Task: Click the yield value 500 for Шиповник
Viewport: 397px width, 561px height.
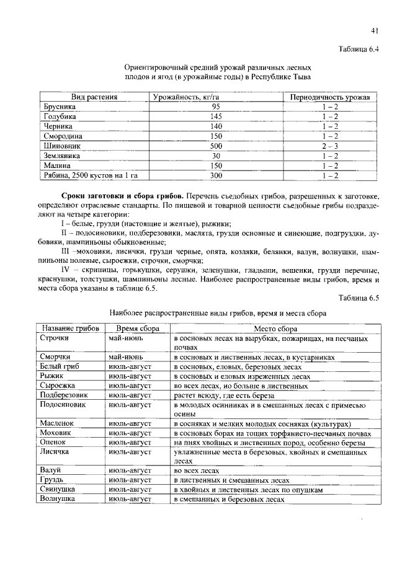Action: point(216,146)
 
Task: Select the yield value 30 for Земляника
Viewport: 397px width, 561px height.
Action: point(216,156)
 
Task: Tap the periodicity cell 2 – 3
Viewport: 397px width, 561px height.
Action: point(330,146)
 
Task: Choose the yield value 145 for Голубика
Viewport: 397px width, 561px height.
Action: point(216,117)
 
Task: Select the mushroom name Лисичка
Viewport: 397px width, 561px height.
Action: point(56,453)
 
